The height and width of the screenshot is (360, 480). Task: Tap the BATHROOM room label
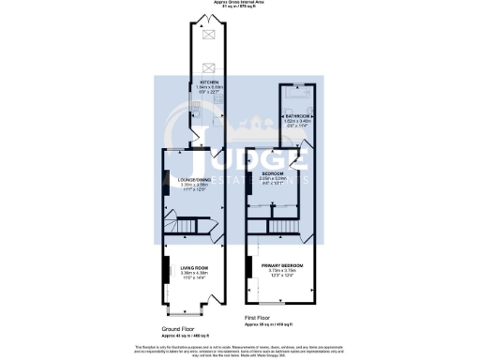(x=298, y=115)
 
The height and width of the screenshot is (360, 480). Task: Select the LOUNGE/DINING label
(x=191, y=181)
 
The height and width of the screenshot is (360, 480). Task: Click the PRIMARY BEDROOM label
(x=277, y=265)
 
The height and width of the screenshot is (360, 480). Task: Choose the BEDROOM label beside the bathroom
(x=272, y=174)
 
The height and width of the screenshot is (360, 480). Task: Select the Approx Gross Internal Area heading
(x=240, y=3)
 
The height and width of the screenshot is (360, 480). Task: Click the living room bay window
(x=191, y=308)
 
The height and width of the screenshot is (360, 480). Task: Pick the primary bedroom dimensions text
(x=277, y=273)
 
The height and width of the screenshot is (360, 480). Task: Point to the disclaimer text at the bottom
(x=240, y=349)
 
